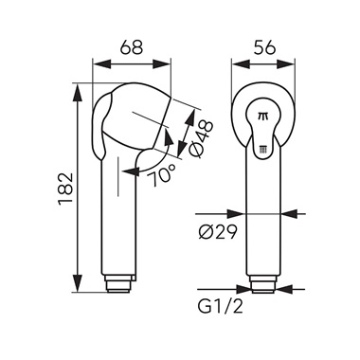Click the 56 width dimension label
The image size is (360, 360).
[264, 48]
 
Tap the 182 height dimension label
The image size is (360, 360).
[65, 189]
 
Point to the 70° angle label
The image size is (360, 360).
[161, 175]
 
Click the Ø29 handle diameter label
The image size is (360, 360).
[218, 233]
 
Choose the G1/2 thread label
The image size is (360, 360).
[221, 305]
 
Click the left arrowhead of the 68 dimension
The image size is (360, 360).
[102, 64]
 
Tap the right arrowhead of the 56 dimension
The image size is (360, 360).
[285, 64]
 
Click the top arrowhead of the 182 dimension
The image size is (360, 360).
[78, 93]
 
